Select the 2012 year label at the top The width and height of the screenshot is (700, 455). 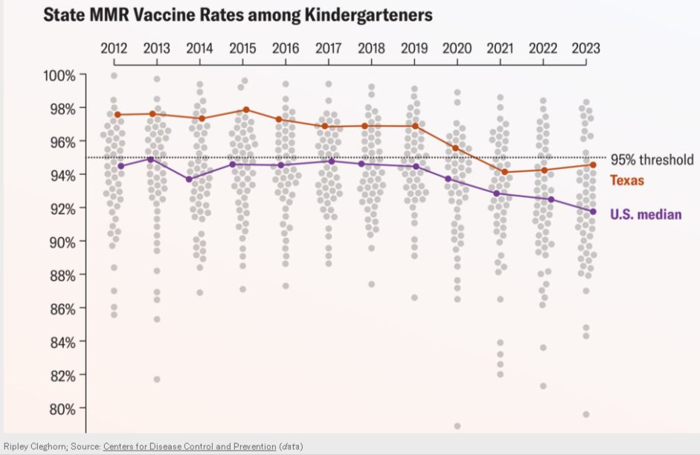pyautogui.click(x=114, y=48)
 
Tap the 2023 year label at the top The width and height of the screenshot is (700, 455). pyautogui.click(x=585, y=48)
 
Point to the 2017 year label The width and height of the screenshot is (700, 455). pyautogui.click(x=328, y=48)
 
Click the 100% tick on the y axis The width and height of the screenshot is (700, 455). pyautogui.click(x=58, y=75)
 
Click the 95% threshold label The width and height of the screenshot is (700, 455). pyautogui.click(x=652, y=159)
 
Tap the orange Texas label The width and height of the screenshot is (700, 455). pyautogui.click(x=626, y=180)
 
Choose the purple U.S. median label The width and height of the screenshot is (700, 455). pyautogui.click(x=646, y=214)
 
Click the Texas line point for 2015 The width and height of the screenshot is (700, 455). pyautogui.click(x=246, y=109)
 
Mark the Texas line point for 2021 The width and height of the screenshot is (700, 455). pyautogui.click(x=505, y=172)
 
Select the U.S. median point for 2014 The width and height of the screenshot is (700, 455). pyautogui.click(x=189, y=179)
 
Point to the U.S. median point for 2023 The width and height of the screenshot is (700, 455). pyautogui.click(x=593, y=211)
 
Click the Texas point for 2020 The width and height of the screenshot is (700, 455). pyautogui.click(x=455, y=147)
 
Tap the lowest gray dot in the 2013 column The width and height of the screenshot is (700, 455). pyautogui.click(x=157, y=379)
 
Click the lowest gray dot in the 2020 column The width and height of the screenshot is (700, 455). pyautogui.click(x=457, y=426)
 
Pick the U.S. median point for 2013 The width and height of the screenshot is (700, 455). pyautogui.click(x=151, y=159)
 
